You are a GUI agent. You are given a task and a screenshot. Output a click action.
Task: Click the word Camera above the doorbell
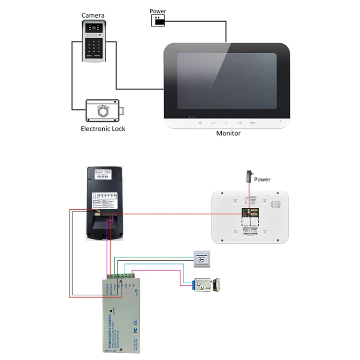pyautogui.click(x=93, y=15)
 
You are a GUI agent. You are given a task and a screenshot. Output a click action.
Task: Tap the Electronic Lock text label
pyautogui.click(x=103, y=129)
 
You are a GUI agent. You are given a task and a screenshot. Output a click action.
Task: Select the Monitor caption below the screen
pyautogui.click(x=228, y=133)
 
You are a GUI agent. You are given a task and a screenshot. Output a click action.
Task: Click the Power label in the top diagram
pyautogui.click(x=158, y=11)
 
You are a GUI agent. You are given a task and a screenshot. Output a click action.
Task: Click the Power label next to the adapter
pyautogui.click(x=262, y=180)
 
